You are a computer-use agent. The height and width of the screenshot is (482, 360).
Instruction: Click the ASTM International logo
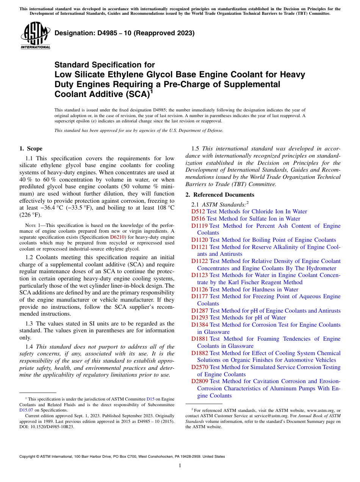[35, 37]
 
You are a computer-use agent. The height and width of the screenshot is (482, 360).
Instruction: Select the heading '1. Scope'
[31, 149]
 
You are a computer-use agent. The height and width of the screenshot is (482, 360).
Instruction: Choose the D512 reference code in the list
[198, 211]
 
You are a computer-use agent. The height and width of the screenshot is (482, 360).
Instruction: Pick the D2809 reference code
[199, 381]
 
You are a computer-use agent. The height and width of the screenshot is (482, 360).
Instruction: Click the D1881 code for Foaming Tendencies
[199, 339]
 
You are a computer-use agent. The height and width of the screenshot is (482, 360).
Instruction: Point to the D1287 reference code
[199, 311]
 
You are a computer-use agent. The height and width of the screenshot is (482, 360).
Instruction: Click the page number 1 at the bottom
[180, 466]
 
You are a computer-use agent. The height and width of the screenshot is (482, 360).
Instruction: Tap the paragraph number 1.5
[196, 149]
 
